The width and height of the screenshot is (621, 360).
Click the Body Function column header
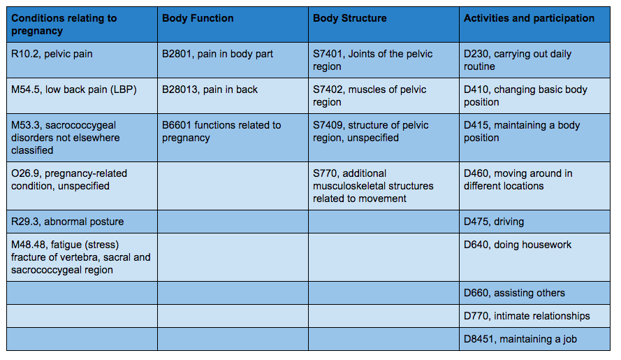198,18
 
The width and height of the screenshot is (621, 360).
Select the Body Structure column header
349,18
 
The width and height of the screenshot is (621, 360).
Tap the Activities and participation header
529,18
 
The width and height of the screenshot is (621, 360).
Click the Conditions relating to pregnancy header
64,24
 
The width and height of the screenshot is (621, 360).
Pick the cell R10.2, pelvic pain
52,54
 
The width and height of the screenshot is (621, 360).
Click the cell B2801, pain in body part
217,54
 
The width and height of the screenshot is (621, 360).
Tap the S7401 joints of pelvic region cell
372,60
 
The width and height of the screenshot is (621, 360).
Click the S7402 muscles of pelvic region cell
370,96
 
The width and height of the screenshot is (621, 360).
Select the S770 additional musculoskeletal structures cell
373,185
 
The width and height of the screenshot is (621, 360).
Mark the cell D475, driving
494,222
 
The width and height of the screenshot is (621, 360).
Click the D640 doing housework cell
518,245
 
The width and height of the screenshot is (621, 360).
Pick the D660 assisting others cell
514,293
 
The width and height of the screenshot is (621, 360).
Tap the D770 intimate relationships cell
527,316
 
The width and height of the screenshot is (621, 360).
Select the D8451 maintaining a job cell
520,339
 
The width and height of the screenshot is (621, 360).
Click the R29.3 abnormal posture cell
67,222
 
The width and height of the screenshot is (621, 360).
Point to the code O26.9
26,173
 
